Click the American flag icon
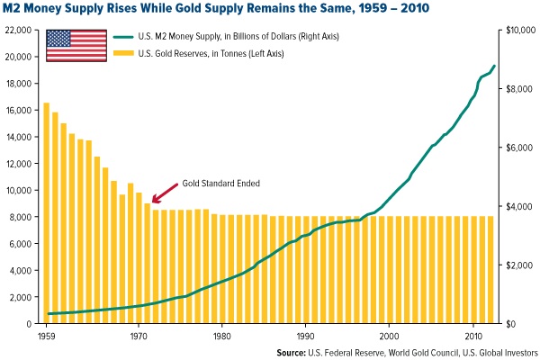pyautogui.click(x=76, y=45)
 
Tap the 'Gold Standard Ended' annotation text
pyautogui.click(x=220, y=183)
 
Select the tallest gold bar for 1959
pyautogui.click(x=47, y=212)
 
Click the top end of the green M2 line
pyautogui.click(x=494, y=66)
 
